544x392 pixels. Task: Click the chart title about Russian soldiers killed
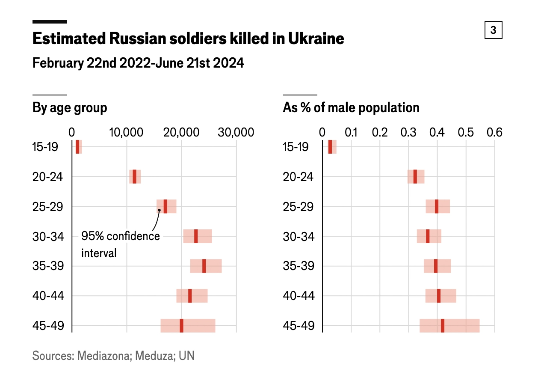[188, 39]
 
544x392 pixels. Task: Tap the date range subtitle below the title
[138, 63]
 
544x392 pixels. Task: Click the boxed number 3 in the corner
[493, 30]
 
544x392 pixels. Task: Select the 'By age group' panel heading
[70, 108]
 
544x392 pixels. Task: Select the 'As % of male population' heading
[351, 108]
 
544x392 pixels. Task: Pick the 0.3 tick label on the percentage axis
[408, 132]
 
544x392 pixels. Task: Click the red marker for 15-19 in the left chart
[77, 147]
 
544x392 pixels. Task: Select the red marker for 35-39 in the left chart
[204, 266]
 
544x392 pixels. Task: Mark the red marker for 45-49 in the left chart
[181, 326]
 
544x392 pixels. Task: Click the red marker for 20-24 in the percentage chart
[415, 176]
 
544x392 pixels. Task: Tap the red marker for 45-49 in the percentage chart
[443, 326]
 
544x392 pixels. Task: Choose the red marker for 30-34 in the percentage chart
[428, 236]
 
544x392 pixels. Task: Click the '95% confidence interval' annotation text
[120, 244]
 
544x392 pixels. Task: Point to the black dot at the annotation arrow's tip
[159, 210]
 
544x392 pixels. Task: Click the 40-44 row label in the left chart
[48, 296]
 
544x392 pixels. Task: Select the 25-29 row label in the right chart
[299, 206]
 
